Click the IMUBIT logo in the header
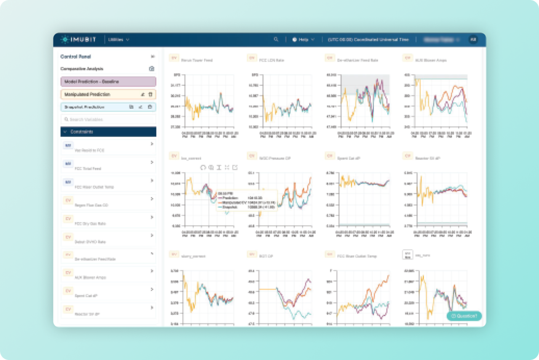click(78, 40)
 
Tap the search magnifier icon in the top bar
click(276, 40)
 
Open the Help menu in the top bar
click(303, 40)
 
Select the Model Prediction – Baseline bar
click(108, 82)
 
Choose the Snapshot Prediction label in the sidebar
click(84, 107)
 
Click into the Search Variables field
click(108, 120)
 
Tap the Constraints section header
click(108, 132)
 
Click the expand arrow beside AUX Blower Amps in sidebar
click(152, 271)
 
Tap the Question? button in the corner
click(464, 316)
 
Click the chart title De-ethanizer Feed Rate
click(358, 60)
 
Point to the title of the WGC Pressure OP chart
click(275, 158)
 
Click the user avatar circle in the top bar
click(473, 40)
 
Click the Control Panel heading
click(76, 56)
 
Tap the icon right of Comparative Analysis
click(152, 69)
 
